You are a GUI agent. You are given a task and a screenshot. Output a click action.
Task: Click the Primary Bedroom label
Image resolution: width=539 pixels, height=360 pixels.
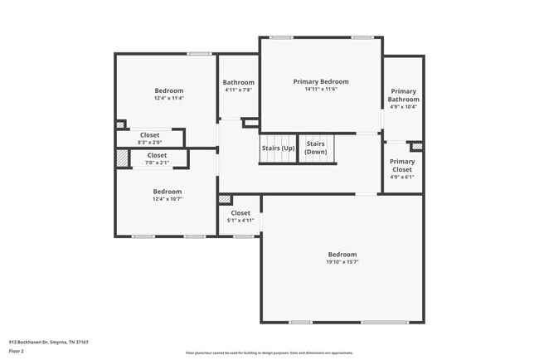coord(320,81)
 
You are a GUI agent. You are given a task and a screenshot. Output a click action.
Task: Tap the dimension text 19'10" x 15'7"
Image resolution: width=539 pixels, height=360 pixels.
coord(342,262)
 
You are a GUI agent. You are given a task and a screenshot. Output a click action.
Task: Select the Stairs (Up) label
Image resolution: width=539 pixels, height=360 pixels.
coord(278,148)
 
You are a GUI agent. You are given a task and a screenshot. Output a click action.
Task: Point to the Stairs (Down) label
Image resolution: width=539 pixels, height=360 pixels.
coord(315,148)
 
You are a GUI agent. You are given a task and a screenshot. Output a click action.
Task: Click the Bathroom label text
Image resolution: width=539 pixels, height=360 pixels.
coord(238,82)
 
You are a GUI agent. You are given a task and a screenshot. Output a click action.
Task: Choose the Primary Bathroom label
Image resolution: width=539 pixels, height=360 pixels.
coord(403,95)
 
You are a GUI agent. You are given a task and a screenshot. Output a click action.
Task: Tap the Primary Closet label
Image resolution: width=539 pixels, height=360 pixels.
coord(402,166)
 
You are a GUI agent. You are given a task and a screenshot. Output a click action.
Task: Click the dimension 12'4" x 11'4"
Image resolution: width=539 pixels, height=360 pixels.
coord(168,99)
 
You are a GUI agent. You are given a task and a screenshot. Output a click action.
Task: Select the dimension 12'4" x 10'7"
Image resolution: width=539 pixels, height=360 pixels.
coord(167,199)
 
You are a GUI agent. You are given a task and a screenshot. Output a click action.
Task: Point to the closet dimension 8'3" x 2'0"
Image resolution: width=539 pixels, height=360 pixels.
coord(149,143)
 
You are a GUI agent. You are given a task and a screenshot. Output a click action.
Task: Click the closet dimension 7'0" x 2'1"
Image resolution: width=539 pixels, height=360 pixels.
coord(156,163)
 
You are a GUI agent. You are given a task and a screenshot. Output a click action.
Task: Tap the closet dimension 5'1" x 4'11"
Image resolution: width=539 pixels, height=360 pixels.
coord(240,221)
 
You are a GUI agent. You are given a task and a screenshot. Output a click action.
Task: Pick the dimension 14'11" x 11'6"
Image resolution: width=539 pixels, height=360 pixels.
coord(320,90)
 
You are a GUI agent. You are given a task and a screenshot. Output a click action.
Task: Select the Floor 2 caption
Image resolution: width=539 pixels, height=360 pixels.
coord(17,351)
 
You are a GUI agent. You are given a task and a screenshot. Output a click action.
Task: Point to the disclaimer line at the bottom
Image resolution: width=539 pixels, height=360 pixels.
coord(269,353)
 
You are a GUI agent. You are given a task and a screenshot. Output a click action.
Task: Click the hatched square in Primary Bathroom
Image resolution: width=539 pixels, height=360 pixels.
coord(417,147)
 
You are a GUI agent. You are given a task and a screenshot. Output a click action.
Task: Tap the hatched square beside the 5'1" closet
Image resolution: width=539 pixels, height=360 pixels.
coord(224,199)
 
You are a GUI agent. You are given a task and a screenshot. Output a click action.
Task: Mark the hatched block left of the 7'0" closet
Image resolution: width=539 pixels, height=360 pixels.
coord(122,159)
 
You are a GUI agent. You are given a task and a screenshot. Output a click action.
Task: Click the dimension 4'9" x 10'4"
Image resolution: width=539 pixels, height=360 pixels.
coord(403,107)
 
